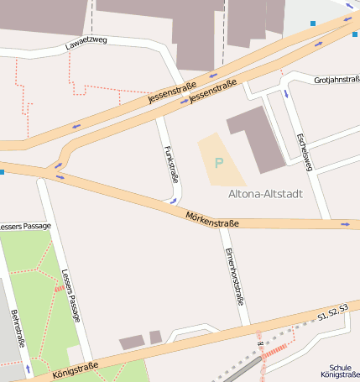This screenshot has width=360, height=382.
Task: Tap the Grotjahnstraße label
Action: pos(336,80)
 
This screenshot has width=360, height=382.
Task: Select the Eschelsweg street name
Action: pos(304,151)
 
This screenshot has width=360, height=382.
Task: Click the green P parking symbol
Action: pos(219,162)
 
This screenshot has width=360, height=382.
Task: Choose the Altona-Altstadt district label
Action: pos(265,193)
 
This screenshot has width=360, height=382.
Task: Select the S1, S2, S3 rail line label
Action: pos(332,313)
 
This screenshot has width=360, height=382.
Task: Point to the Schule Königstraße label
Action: pos(340,371)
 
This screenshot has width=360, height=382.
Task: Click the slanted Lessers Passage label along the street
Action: pos(70,295)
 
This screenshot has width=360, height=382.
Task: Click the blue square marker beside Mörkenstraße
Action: pos(3,172)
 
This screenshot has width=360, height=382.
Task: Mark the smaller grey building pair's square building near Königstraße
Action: pos(155,337)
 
